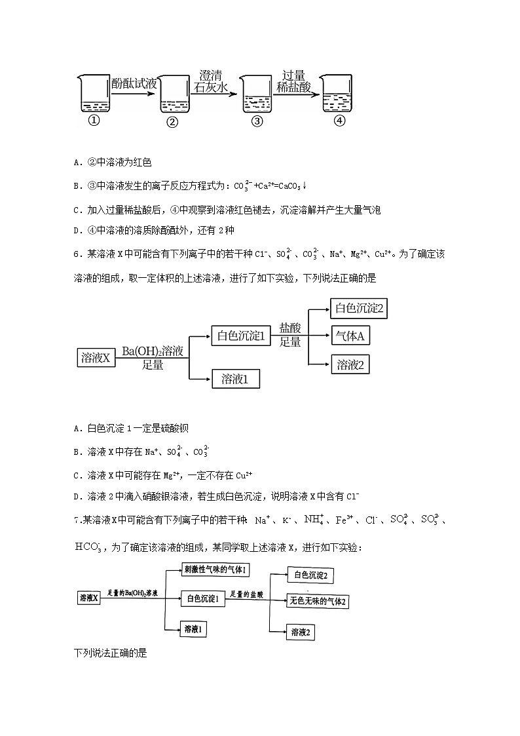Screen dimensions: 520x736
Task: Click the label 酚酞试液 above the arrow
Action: point(134,83)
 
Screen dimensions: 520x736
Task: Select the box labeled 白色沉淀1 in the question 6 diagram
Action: point(240,336)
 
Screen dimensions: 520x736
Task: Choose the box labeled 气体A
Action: point(349,336)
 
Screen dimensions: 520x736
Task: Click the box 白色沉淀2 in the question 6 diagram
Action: point(358,308)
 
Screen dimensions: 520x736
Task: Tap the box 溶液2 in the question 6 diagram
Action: point(350,365)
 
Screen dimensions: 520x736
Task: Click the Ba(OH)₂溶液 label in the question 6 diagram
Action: point(153,352)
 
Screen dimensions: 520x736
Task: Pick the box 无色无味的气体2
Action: point(317,601)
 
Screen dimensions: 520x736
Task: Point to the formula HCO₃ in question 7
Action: point(88,545)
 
